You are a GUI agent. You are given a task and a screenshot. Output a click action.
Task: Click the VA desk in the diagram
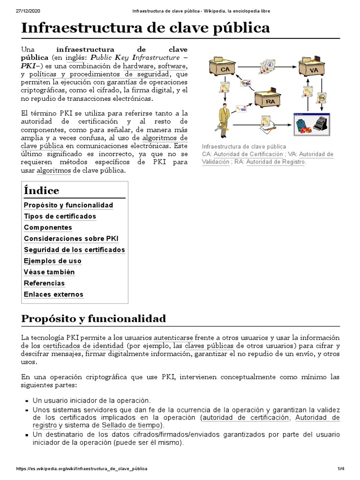[314, 68]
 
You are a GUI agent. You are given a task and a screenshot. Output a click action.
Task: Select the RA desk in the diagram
[269, 99]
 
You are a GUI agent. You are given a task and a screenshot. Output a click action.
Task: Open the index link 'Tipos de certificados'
[60, 217]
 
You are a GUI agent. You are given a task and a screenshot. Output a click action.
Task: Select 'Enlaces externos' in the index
[53, 294]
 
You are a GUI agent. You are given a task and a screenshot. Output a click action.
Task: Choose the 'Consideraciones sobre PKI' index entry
[71, 239]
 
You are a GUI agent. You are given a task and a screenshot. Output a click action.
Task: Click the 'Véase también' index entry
[49, 272]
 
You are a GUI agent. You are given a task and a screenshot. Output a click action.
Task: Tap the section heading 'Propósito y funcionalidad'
[94, 319]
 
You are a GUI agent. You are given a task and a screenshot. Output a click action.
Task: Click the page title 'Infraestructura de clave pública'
[146, 28]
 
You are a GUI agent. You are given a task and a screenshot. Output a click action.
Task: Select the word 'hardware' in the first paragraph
[138, 66]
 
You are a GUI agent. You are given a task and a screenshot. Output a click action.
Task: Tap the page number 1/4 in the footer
[341, 469]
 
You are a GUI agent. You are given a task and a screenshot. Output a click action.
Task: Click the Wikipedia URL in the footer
[82, 469]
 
